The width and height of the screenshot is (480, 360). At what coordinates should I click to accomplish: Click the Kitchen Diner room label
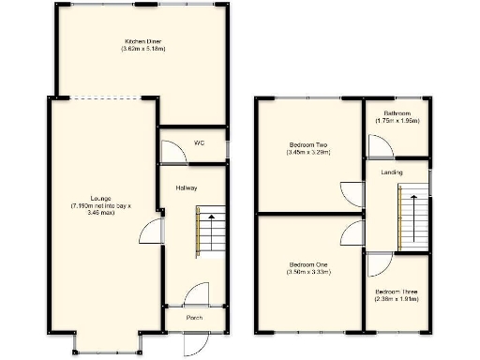[x=143, y=41]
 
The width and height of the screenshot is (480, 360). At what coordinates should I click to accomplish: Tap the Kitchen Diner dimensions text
[x=143, y=49]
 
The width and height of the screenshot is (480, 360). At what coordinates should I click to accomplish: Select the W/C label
[x=199, y=142]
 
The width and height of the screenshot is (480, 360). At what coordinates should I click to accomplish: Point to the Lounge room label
[x=102, y=198]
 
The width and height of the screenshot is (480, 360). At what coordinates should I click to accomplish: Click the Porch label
[x=194, y=317]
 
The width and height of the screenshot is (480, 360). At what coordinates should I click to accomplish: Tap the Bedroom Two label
[x=307, y=144]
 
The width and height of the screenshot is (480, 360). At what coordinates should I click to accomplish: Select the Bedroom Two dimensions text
[x=307, y=152]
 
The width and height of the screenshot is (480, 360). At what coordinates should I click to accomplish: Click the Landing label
[x=393, y=172]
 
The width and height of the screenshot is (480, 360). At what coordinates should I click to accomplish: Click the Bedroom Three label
[x=397, y=292]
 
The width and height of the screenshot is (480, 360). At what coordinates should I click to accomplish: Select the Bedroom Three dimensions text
[x=397, y=300]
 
